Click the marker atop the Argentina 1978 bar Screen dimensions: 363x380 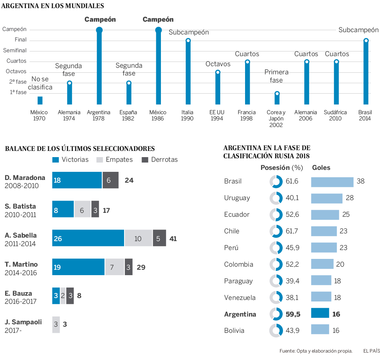[x=99, y=30]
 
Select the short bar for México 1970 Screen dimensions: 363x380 [x=40, y=101]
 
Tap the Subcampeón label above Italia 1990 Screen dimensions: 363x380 [x=188, y=32]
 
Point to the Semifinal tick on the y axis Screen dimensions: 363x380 [x=15, y=50]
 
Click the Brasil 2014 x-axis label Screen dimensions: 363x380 [x=364, y=115]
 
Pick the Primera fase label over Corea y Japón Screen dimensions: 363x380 [x=276, y=76]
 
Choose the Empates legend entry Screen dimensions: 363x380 [x=115, y=159]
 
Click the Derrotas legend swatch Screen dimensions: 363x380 [x=145, y=159]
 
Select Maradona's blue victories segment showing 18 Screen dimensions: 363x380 [x=77, y=180]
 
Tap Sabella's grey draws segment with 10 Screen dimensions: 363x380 [x=138, y=238]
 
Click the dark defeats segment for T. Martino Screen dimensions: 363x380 [x=129, y=267]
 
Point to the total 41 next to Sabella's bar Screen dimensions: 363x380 [x=173, y=238]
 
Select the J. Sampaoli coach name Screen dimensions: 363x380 [x=24, y=322]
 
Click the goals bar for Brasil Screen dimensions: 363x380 [x=332, y=181]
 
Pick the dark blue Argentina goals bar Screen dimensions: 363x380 [x=320, y=314]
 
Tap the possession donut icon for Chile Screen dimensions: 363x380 [x=276, y=231]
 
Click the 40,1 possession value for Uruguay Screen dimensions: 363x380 [x=292, y=198]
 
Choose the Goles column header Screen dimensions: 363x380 [x=321, y=168]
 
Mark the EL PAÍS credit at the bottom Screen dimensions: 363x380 [x=371, y=351]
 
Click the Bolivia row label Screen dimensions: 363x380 [x=234, y=330]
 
